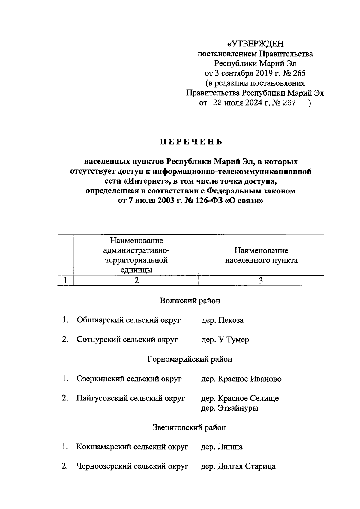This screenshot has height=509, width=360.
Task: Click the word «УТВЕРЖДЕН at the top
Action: (x=255, y=44)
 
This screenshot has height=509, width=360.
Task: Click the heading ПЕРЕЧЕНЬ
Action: (x=191, y=142)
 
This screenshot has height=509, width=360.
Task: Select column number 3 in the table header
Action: (x=261, y=281)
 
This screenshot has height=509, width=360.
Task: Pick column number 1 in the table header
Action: (x=65, y=281)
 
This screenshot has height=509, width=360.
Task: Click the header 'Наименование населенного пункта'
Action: (x=261, y=255)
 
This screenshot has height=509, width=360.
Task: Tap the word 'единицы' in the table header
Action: (x=136, y=270)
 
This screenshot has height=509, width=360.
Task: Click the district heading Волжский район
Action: (x=190, y=301)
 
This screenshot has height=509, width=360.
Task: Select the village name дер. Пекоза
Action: (x=222, y=320)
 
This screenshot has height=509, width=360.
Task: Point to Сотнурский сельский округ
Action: (x=127, y=340)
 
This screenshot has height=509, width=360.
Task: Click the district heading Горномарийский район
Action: (x=190, y=359)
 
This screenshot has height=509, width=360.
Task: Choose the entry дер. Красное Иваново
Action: (x=241, y=379)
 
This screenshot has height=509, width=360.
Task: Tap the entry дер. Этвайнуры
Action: (x=229, y=408)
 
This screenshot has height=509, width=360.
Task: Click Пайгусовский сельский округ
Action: (x=130, y=398)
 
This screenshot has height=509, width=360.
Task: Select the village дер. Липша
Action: (x=222, y=447)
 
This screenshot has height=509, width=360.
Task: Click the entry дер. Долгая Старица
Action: (x=238, y=466)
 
